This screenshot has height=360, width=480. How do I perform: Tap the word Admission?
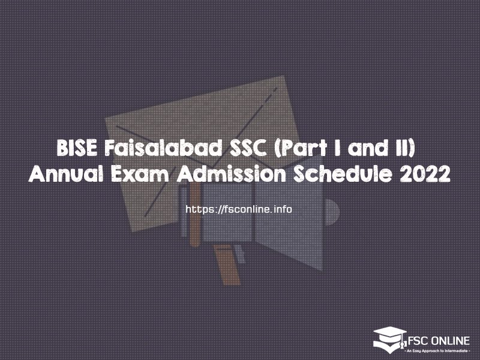pyautogui.click(x=231, y=175)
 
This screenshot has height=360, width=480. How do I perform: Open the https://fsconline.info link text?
pyautogui.click(x=239, y=209)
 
